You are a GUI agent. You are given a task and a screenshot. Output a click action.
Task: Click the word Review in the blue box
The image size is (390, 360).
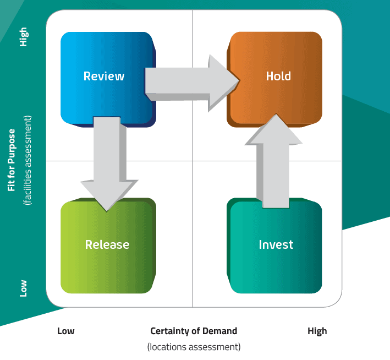click(x=104, y=76)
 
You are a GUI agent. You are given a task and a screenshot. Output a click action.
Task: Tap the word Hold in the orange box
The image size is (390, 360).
click(x=278, y=76)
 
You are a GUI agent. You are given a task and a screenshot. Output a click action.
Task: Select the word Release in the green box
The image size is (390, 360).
click(x=107, y=244)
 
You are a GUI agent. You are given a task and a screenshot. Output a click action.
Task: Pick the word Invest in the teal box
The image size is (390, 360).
click(x=276, y=244)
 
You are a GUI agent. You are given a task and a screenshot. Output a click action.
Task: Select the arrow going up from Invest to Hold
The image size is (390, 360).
click(x=274, y=165)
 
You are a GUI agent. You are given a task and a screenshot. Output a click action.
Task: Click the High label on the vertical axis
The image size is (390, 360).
click(x=23, y=37)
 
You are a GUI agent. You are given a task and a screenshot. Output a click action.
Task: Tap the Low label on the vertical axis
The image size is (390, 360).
click(x=23, y=287)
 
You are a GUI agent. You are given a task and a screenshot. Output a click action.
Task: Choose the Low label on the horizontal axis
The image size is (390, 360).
click(x=66, y=331)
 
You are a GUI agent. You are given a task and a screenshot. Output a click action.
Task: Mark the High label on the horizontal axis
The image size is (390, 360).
click(x=317, y=331)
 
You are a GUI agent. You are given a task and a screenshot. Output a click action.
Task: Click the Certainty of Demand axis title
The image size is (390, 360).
click(x=194, y=331)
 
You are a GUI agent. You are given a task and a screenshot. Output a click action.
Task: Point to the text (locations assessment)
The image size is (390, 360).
click(x=194, y=347)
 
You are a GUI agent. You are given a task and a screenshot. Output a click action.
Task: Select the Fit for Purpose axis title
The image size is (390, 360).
click(x=12, y=160)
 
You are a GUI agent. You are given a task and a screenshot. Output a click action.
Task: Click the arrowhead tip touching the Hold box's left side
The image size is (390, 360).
click(x=239, y=80)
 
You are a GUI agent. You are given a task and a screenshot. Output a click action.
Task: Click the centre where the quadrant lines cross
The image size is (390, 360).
click(x=192, y=161)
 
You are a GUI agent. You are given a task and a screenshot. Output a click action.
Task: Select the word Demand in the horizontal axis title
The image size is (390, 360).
click(x=218, y=331)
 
